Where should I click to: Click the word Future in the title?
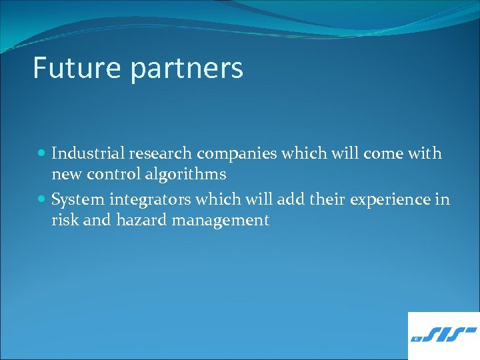tap(70, 68)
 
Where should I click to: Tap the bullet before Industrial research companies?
tap(42, 153)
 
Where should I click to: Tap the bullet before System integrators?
tap(42, 199)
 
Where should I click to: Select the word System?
tap(75, 200)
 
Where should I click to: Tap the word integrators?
tap(143, 200)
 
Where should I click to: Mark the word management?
tap(220, 221)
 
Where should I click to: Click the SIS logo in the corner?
tap(443, 335)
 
